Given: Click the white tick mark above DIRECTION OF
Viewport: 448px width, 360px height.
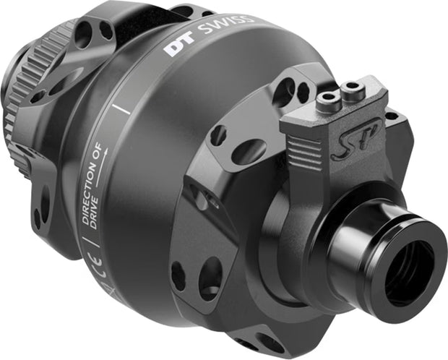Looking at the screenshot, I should pyautogui.click(x=121, y=108).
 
